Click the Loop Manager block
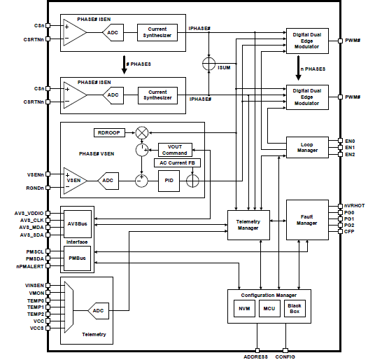click(x=308, y=148)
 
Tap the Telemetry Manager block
click(x=249, y=224)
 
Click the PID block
click(x=169, y=180)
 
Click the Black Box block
click(x=295, y=308)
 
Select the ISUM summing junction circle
click(x=208, y=64)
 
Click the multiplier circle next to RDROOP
click(x=142, y=132)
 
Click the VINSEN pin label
click(x=34, y=285)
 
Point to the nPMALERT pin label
click(x=31, y=268)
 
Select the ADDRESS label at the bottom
click(x=257, y=356)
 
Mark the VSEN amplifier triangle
click(x=73, y=180)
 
